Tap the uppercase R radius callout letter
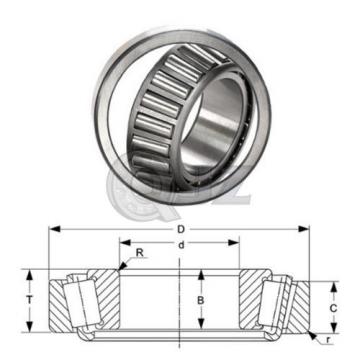(x=139, y=254)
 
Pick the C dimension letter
(x=333, y=309)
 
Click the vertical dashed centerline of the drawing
(x=181, y=300)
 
